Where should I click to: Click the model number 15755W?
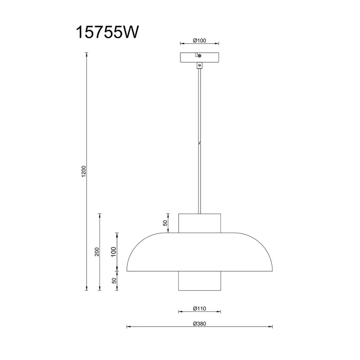pyautogui.click(x=107, y=32)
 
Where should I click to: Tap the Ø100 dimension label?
pyautogui.click(x=199, y=40)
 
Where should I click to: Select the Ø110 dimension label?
pyautogui.click(x=199, y=309)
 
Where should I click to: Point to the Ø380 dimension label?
pyautogui.click(x=199, y=324)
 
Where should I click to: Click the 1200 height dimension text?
pyautogui.click(x=84, y=171)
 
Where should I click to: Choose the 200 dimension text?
pyautogui.click(x=97, y=252)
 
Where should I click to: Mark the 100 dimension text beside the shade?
pyautogui.click(x=114, y=252)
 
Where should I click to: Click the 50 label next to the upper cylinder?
pyautogui.click(x=165, y=223)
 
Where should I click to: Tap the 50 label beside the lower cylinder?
pyautogui.click(x=114, y=280)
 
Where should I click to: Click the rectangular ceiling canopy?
pyautogui.click(x=199, y=58)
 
